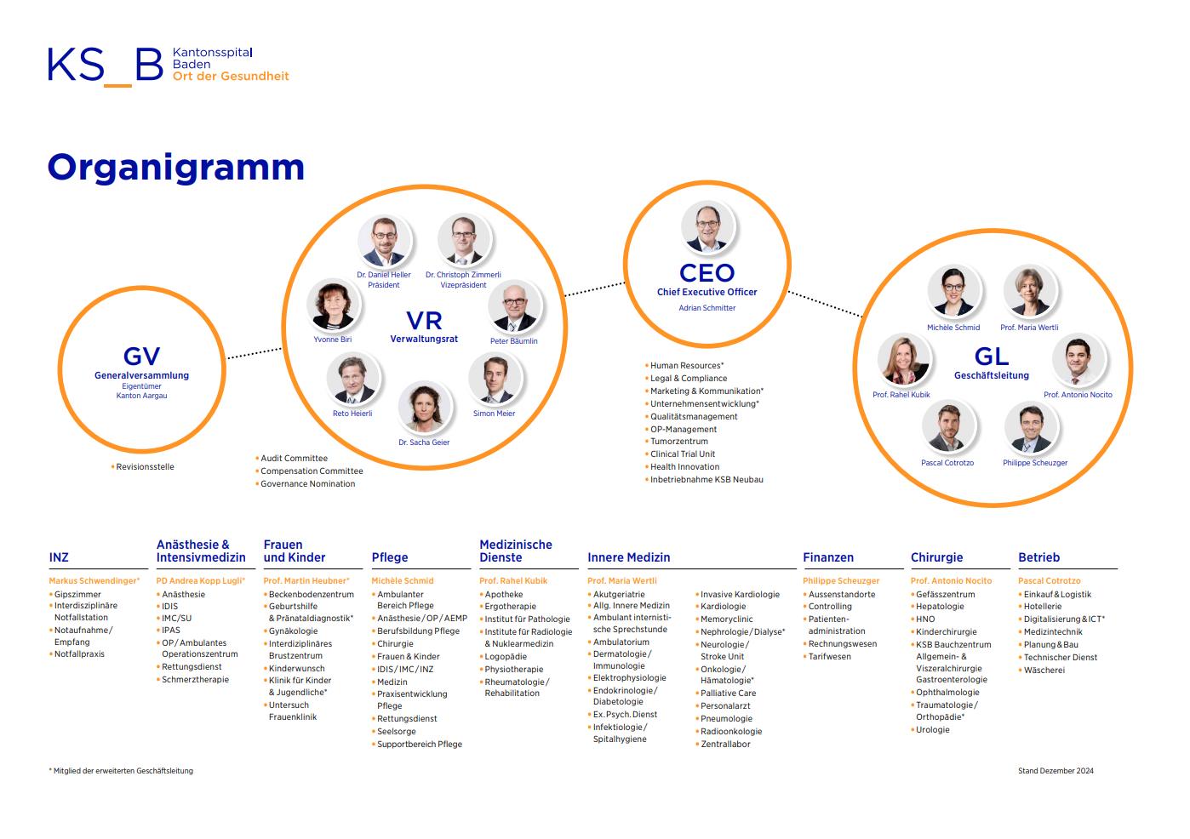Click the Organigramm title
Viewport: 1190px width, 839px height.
tap(176, 168)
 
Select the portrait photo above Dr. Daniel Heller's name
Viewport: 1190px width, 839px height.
tap(384, 241)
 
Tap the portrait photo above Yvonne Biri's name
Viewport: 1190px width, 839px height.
tap(333, 305)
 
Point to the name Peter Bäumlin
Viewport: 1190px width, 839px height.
tap(514, 341)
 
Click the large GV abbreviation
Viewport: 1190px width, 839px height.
tap(142, 357)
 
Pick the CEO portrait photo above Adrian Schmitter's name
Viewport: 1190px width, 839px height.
tap(707, 226)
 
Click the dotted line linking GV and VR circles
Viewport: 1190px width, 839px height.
tap(255, 354)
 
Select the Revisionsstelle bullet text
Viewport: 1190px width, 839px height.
tap(145, 467)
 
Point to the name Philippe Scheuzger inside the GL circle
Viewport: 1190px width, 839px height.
tap(1035, 463)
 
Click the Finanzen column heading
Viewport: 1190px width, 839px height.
tap(828, 557)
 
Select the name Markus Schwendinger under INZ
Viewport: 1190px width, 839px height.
tap(94, 581)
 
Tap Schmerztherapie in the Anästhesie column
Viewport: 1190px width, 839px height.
tap(195, 680)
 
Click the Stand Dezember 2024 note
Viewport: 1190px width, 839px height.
tap(1056, 771)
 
